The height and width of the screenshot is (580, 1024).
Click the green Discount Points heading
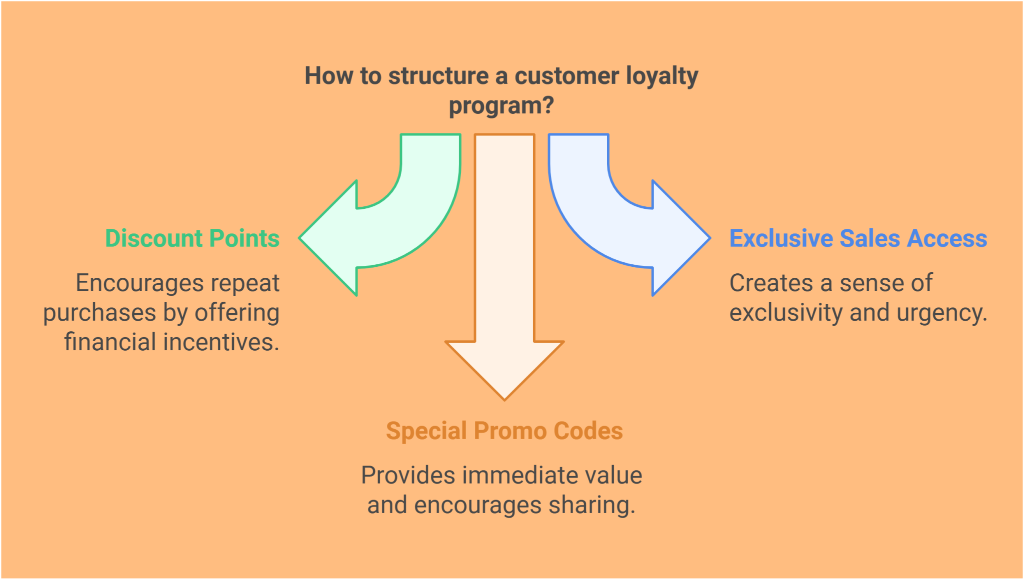click(192, 238)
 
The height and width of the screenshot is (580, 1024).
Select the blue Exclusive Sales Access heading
click(858, 238)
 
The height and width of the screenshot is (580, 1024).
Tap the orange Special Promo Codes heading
click(504, 431)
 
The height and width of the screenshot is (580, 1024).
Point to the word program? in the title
click(501, 106)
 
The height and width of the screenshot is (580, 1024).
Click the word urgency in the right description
click(941, 313)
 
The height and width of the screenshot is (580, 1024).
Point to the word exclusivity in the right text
click(786, 313)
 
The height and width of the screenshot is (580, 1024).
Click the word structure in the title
click(438, 76)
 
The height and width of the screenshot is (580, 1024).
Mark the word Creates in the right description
click(771, 283)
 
